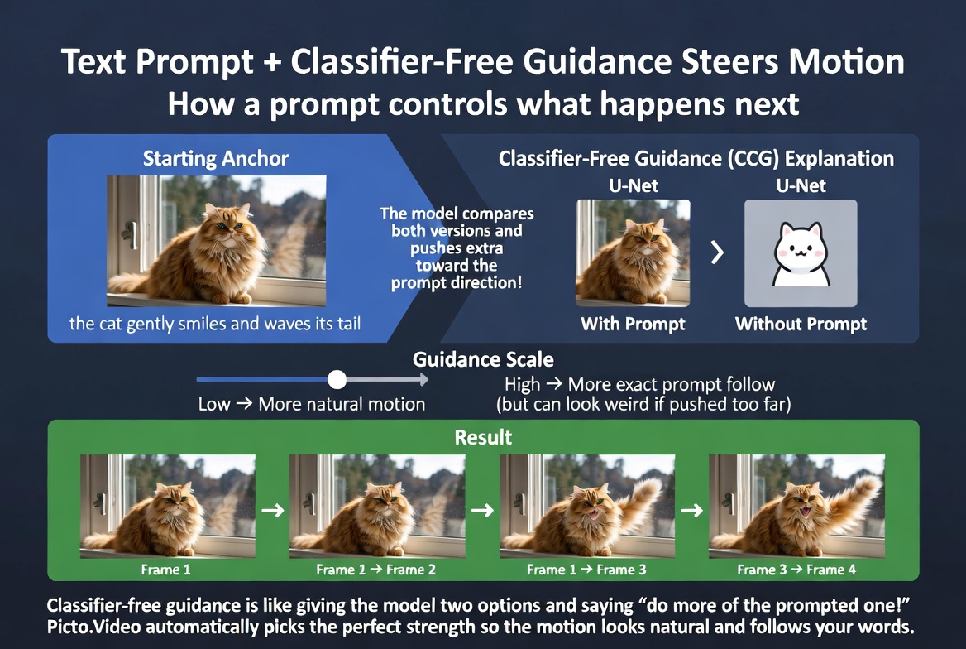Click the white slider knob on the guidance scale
pos(337,379)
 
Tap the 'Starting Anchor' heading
pos(216,158)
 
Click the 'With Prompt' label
pos(633,324)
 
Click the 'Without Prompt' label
pos(801,324)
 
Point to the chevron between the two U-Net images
pos(717,252)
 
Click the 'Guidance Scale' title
pos(483,360)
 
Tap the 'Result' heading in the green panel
pos(483,436)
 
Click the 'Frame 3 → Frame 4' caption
pos(796,570)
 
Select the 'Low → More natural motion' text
pos(312,405)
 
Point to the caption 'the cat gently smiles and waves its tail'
pos(215,324)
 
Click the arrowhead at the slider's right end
pos(423,379)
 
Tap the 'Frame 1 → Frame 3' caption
pos(586,570)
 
